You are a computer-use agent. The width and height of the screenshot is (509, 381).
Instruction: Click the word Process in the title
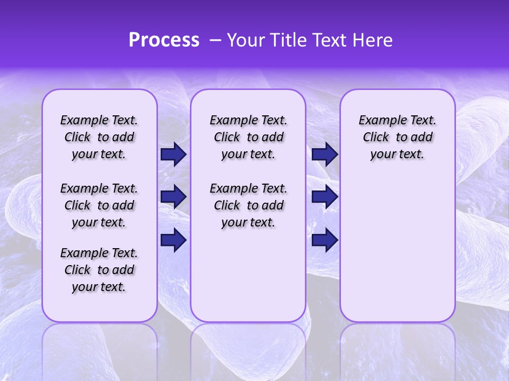pyautogui.click(x=164, y=40)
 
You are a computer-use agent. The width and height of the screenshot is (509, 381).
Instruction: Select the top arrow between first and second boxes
pyautogui.click(x=173, y=154)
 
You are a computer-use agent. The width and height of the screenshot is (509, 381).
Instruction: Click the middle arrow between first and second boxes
pyautogui.click(x=173, y=197)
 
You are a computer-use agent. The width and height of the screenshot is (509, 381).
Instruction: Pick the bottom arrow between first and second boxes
pyautogui.click(x=173, y=240)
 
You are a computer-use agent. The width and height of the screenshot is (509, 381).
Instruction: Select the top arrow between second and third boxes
pyautogui.click(x=324, y=154)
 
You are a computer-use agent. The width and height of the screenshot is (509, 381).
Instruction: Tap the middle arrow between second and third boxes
pyautogui.click(x=324, y=197)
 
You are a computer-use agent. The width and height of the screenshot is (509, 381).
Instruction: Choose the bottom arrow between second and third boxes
pyautogui.click(x=324, y=240)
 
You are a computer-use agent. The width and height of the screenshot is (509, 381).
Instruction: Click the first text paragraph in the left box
pyautogui.click(x=99, y=137)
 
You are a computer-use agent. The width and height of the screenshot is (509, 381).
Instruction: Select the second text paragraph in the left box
pyautogui.click(x=99, y=205)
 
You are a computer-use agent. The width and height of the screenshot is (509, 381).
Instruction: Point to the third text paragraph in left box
pyautogui.click(x=99, y=270)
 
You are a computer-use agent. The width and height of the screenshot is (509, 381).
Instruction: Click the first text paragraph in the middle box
pyautogui.click(x=248, y=137)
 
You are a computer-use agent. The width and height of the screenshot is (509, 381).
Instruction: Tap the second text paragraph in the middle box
pyautogui.click(x=248, y=205)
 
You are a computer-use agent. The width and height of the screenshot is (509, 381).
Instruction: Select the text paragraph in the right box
pyautogui.click(x=397, y=137)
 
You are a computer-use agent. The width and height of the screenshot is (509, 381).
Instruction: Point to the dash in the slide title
pyautogui.click(x=215, y=40)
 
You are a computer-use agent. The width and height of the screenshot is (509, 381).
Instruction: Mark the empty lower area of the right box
pyautogui.click(x=397, y=249)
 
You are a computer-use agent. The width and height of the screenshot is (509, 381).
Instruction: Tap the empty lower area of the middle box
pyautogui.click(x=248, y=275)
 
